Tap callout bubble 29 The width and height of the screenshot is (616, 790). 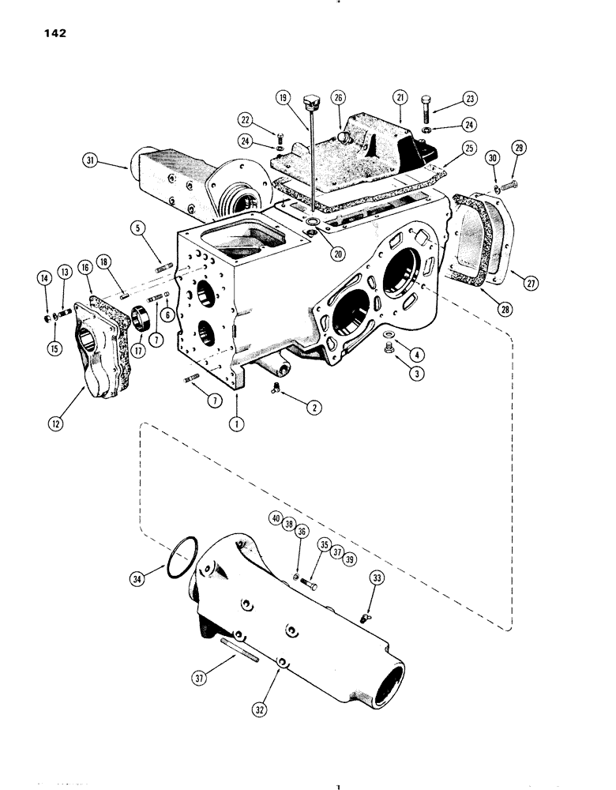pos(519,148)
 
